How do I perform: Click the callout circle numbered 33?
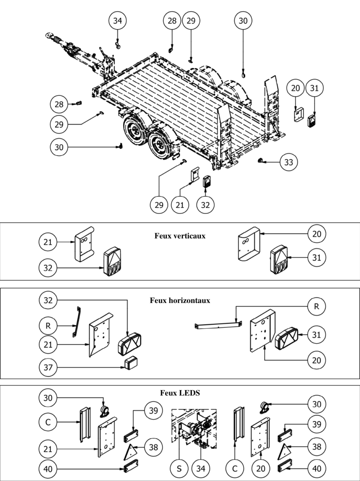289,162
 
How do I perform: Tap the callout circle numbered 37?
48,367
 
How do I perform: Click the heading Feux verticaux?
180,236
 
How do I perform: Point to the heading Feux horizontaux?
180,300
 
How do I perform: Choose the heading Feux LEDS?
180,393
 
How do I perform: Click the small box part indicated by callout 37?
131,364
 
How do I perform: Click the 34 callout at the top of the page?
118,20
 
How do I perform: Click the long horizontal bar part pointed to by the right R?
218,325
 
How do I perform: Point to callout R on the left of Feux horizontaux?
48,326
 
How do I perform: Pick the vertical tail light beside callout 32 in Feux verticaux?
112,261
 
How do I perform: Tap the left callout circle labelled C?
48,422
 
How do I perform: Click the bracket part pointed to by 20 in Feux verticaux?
249,244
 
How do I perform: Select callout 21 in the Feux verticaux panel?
48,242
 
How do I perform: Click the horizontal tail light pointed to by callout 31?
287,338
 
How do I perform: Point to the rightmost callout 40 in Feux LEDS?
317,469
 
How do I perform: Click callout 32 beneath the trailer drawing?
205,205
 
